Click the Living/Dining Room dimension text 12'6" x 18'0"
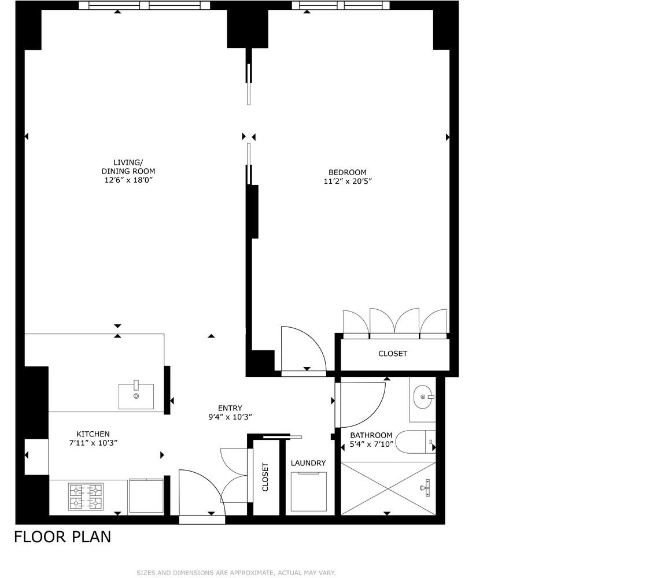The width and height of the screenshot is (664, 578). click(x=128, y=180)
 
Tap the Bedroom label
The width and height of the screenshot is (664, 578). click(x=347, y=172)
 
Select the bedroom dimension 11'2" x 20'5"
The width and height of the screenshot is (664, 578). click(x=347, y=181)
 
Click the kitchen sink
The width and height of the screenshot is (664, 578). click(x=137, y=396)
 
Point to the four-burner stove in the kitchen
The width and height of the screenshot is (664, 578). click(x=86, y=497)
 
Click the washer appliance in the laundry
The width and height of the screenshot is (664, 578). click(x=308, y=491)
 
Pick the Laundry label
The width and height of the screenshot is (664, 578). click(x=308, y=463)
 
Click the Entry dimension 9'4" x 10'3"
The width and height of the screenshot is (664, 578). click(x=230, y=417)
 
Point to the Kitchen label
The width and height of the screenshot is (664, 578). click(x=93, y=434)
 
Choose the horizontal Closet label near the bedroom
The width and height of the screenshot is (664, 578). click(x=393, y=354)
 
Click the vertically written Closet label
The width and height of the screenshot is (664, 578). click(x=265, y=477)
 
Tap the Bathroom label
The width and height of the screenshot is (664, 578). click(x=371, y=435)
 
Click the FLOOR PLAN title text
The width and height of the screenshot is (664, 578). click(x=62, y=537)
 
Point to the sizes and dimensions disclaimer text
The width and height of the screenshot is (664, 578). click(x=236, y=573)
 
